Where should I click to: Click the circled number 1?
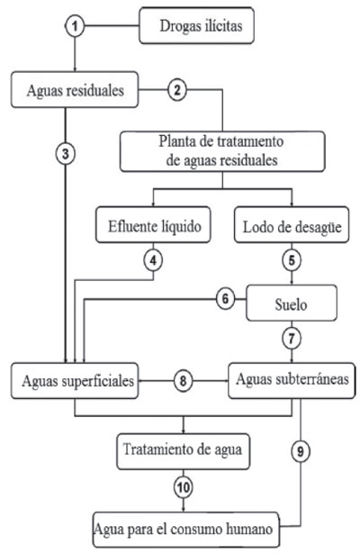point(75,26)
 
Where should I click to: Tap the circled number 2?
point(176,90)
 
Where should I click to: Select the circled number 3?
point(66,154)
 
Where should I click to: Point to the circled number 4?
point(153,260)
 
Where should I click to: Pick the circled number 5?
point(292,260)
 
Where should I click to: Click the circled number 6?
point(226,299)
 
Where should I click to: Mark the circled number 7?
point(292,339)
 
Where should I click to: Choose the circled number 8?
point(183,381)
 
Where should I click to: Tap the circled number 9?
point(301,451)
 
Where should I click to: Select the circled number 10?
point(184,487)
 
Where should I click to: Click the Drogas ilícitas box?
point(196,26)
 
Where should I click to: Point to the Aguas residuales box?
point(75,90)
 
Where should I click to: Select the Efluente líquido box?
point(153,225)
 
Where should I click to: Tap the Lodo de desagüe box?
point(292,225)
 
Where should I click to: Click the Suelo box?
point(292,304)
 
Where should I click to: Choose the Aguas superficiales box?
point(75,381)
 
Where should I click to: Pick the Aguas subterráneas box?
point(292,381)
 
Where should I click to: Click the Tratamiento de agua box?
point(184,452)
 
